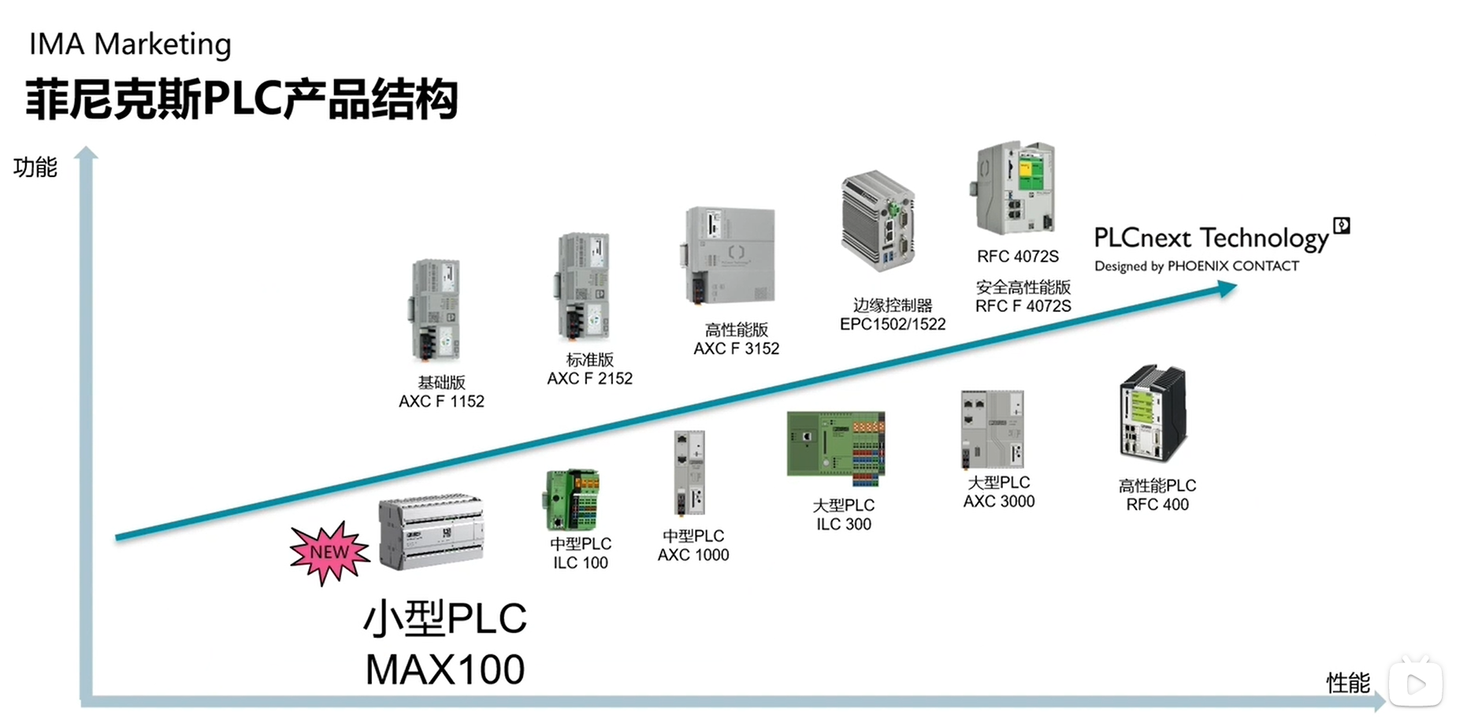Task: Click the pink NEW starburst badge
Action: tap(329, 552)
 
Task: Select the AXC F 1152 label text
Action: tap(441, 401)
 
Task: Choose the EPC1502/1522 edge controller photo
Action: tap(878, 221)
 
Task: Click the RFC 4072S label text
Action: tap(1018, 257)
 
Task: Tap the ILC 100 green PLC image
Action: tap(573, 499)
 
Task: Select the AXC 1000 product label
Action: tap(693, 554)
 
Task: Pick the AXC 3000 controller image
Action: tap(993, 430)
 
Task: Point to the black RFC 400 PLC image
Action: tap(1153, 414)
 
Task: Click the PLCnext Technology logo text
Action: tap(1211, 238)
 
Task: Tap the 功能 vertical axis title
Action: tap(35, 167)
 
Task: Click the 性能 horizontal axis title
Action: tap(1348, 682)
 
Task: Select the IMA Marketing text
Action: tap(130, 44)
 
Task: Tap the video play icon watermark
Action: tap(1415, 684)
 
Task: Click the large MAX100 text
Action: tap(445, 669)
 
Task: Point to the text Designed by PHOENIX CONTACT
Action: tap(1196, 266)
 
